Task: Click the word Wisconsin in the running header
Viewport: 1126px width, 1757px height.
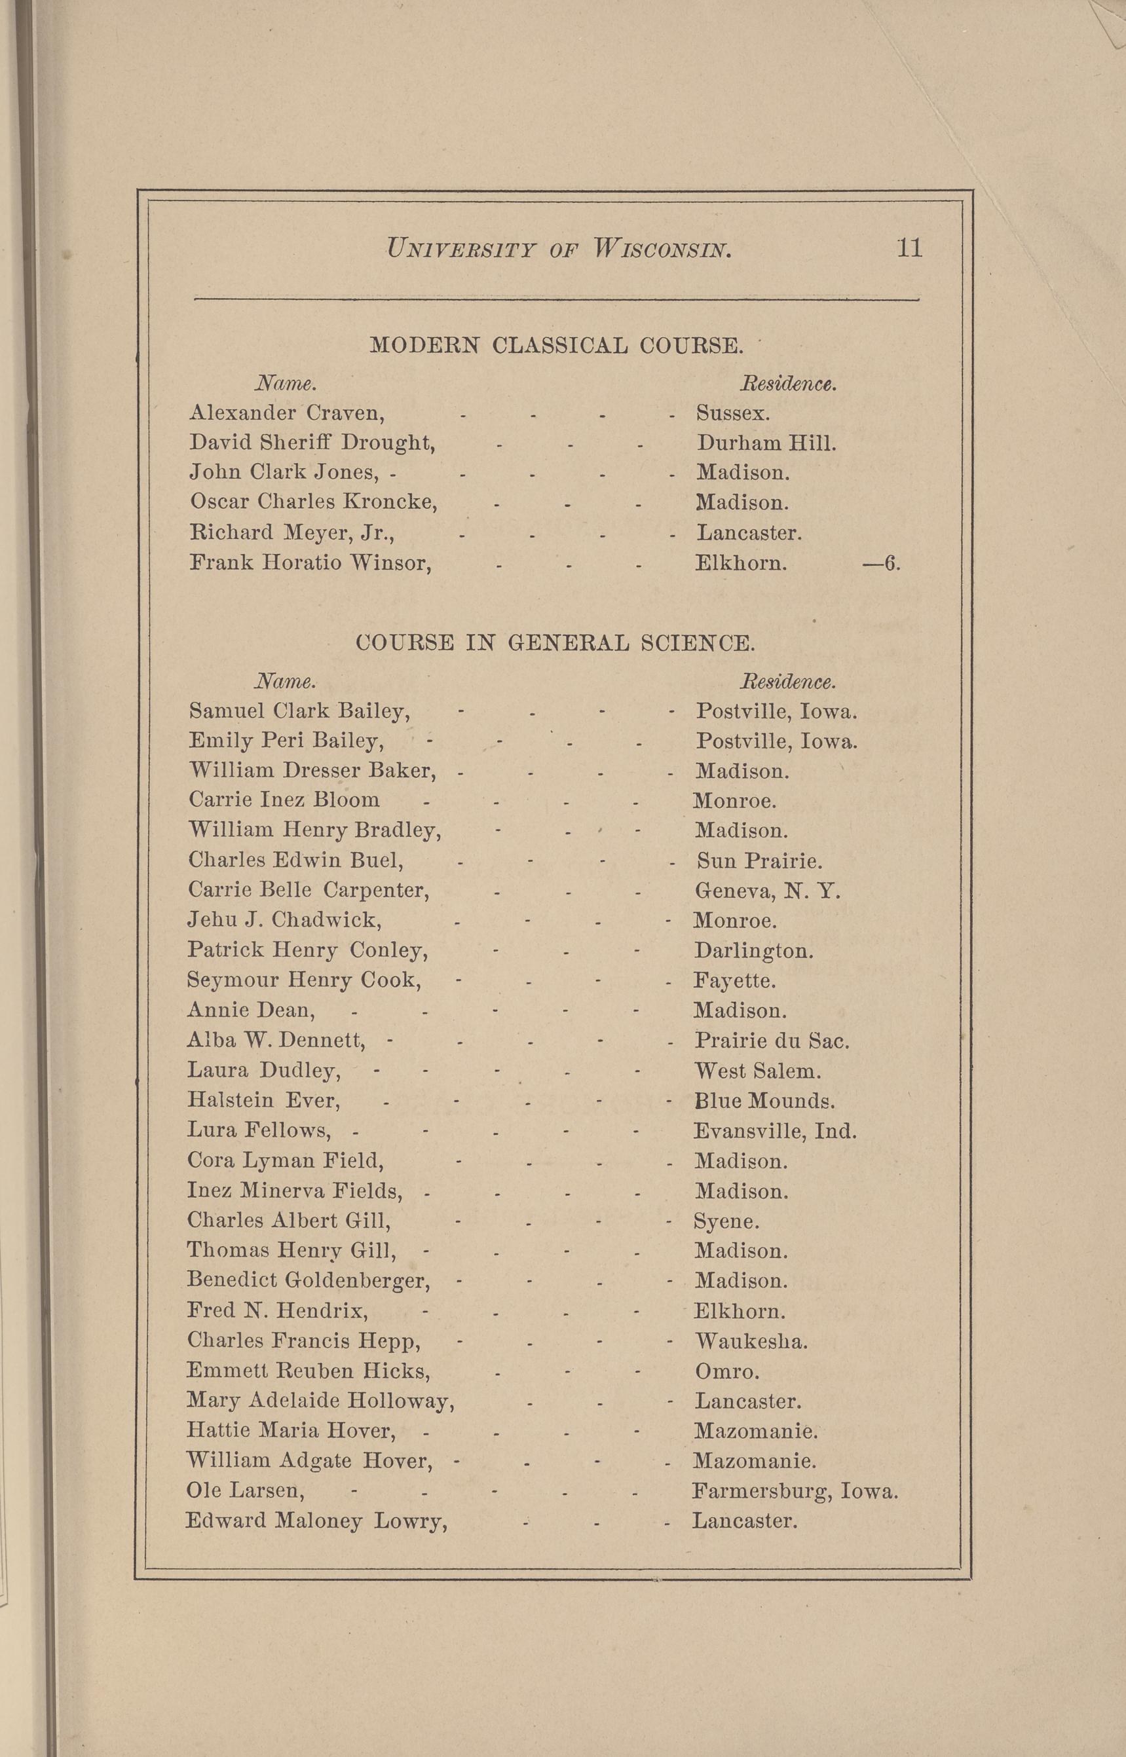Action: pyautogui.click(x=661, y=250)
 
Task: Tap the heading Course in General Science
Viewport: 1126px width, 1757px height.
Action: pyautogui.click(x=555, y=643)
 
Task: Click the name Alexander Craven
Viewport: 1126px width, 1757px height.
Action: pyautogui.click(x=288, y=414)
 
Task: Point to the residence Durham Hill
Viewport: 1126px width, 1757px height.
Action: pyautogui.click(x=766, y=443)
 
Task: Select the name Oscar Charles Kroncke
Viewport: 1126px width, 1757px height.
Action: pyautogui.click(x=314, y=502)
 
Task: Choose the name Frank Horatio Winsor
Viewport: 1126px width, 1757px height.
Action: pyautogui.click(x=310, y=563)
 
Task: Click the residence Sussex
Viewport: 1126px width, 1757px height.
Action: pyautogui.click(x=732, y=414)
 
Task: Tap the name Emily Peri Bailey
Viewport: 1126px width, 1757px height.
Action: pyautogui.click(x=286, y=742)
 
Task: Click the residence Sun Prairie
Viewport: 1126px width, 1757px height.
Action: pyautogui.click(x=759, y=861)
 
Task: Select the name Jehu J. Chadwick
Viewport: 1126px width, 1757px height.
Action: pyautogui.click(x=284, y=920)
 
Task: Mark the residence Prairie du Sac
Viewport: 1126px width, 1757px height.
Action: pyautogui.click(x=772, y=1041)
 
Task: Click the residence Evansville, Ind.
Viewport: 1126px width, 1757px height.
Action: pyautogui.click(x=774, y=1132)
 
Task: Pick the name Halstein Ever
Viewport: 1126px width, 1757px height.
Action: pyautogui.click(x=263, y=1101)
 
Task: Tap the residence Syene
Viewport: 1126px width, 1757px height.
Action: pyautogui.click(x=726, y=1221)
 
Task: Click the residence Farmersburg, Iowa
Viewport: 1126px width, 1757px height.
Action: pyautogui.click(x=795, y=1491)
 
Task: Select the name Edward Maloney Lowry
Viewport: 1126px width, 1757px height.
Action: pyautogui.click(x=316, y=1522)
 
